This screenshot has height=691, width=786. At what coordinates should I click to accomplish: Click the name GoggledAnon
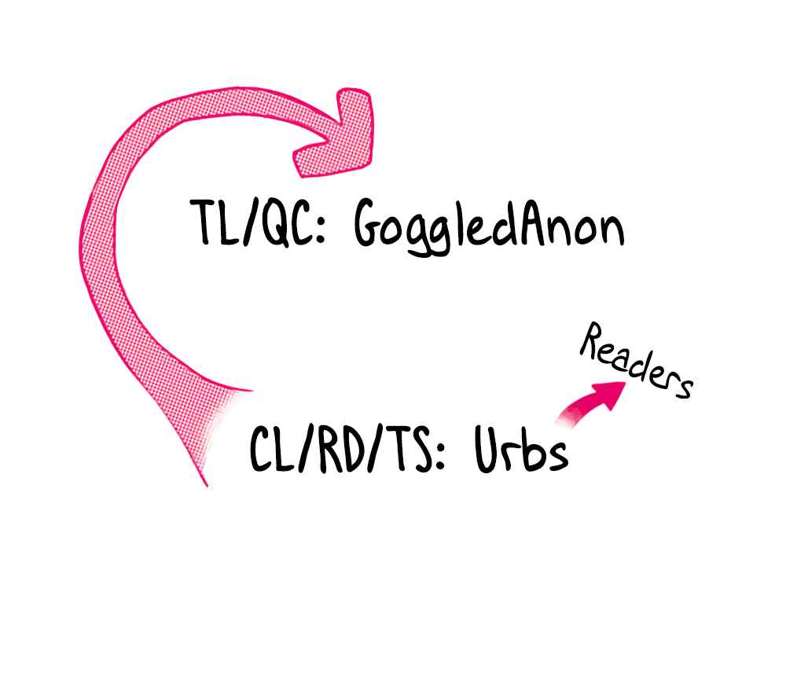tap(489, 227)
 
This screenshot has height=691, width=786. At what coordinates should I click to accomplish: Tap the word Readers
tap(637, 360)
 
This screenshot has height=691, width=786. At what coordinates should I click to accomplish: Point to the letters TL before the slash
tap(214, 222)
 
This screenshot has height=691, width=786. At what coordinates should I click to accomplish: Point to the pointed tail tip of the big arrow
tap(206, 485)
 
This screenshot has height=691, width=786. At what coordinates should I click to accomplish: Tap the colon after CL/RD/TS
tap(440, 454)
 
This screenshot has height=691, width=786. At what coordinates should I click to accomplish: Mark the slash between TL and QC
tap(250, 222)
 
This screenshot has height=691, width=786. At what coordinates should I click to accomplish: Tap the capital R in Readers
tap(593, 340)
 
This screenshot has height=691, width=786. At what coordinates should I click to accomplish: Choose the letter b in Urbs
tap(531, 448)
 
